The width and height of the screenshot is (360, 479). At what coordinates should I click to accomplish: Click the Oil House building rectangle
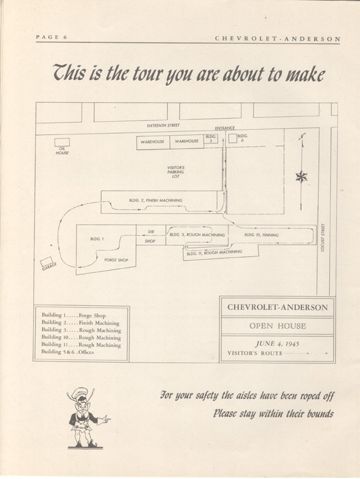tap(62, 142)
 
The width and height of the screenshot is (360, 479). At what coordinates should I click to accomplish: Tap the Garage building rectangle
tap(47, 262)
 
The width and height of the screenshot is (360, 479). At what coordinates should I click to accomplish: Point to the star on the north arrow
tap(301, 177)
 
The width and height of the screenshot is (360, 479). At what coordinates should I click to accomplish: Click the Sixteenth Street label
tap(163, 125)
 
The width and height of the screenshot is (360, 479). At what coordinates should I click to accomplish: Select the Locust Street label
tap(323, 237)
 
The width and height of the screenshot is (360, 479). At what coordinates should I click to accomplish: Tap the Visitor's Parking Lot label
tap(176, 172)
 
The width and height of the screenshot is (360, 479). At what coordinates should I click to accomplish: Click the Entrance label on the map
tap(224, 128)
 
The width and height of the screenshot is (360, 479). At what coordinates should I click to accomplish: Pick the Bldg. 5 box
tap(211, 139)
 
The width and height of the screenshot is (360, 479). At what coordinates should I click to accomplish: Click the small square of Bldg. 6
tap(233, 139)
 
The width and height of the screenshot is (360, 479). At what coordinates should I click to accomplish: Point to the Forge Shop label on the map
tap(116, 260)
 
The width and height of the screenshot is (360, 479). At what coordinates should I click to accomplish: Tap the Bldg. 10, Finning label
tap(261, 235)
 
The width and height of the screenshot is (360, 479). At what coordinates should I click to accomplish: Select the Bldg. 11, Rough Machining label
tap(214, 253)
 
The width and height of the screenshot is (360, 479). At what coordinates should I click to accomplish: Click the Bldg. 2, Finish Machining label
tap(155, 200)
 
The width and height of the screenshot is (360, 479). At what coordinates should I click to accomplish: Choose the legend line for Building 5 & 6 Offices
tap(68, 352)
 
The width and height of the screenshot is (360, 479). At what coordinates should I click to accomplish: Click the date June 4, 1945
tap(277, 344)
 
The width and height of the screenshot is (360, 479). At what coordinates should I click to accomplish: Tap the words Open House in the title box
tap(278, 326)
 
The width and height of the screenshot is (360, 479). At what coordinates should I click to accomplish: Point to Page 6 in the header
tap(51, 37)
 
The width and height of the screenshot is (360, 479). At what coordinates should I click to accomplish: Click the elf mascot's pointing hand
tap(105, 418)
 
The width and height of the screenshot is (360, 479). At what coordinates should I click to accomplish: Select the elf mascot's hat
tap(80, 393)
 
